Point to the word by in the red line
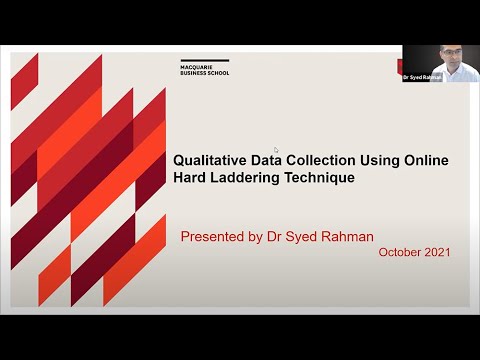260,237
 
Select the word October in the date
399,252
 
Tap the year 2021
436,252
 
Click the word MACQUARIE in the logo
187,67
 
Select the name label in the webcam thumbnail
422,77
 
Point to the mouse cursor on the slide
276,150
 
